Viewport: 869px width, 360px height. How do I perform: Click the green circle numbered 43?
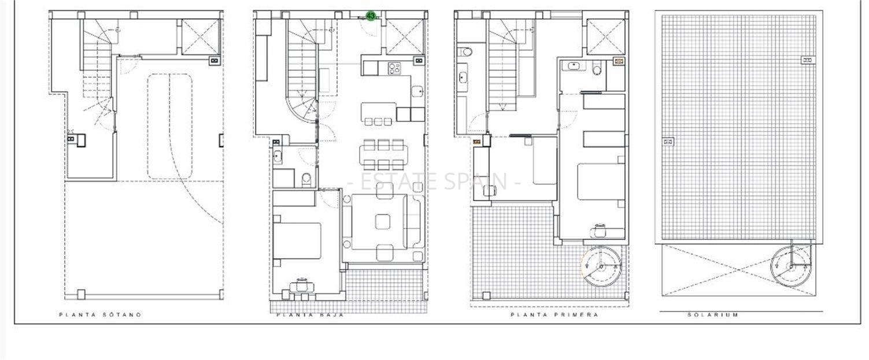point(371,16)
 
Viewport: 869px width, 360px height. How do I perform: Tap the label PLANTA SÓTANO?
point(100,315)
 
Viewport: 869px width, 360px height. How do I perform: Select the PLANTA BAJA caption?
point(310,315)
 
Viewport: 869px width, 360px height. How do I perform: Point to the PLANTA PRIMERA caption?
point(554,315)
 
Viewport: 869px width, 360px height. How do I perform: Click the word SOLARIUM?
point(712,315)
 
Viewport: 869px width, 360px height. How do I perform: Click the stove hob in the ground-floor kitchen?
point(395,68)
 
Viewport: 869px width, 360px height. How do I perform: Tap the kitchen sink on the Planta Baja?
point(417,91)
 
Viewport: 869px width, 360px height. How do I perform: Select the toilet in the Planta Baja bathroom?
point(306,179)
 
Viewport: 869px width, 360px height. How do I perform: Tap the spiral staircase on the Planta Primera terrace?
point(601,266)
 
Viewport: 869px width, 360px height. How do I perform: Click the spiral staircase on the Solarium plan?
point(791,266)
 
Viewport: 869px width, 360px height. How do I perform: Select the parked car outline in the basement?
point(169,125)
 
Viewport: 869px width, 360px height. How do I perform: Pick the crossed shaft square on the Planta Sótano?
point(201,36)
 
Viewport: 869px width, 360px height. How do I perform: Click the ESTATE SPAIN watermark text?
point(434,181)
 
